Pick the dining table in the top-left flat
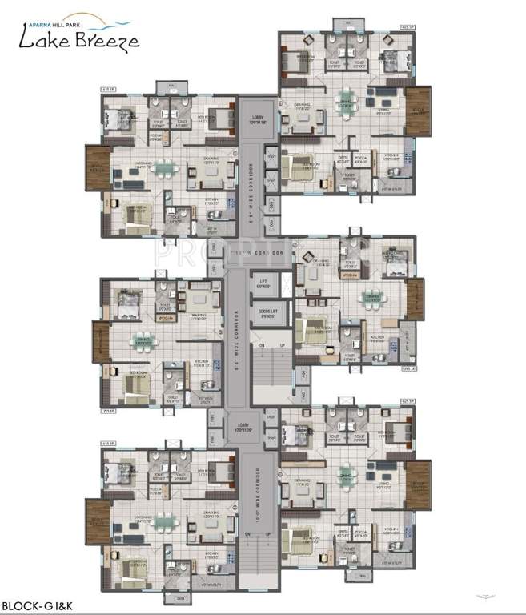pyautogui.click(x=163, y=167)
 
